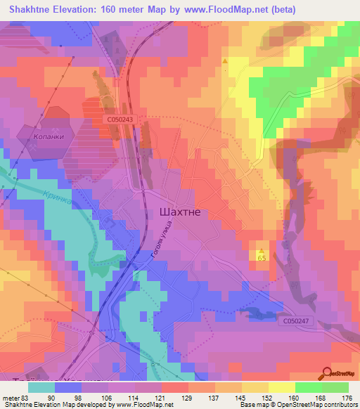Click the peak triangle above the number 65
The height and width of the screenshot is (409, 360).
click(262, 250)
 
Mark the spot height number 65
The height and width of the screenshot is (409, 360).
click(262, 259)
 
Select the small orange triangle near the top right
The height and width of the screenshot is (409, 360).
click(225, 61)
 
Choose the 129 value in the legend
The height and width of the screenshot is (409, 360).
click(188, 398)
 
